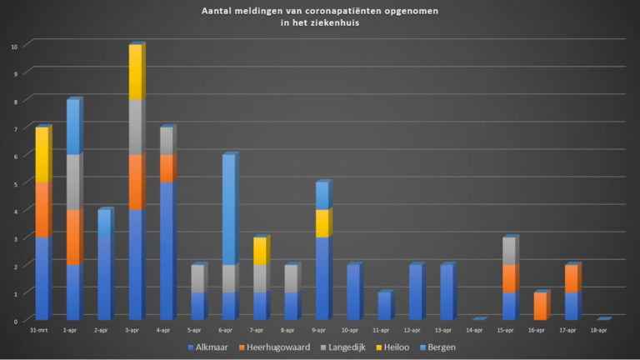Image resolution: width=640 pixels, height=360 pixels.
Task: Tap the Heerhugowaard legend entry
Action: (x=274, y=346)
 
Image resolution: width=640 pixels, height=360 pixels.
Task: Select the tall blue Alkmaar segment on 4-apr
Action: (x=166, y=250)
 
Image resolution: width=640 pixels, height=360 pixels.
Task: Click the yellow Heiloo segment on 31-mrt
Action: (x=42, y=155)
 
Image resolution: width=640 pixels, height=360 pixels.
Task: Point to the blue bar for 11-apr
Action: (x=383, y=306)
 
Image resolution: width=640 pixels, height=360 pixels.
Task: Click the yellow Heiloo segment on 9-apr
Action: (x=321, y=223)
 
